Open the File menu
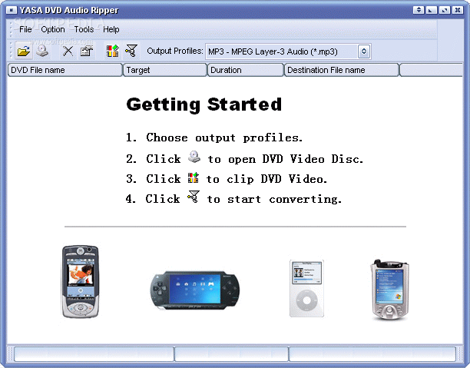(25, 29)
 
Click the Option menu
(53, 29)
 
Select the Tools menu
(84, 29)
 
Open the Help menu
(111, 29)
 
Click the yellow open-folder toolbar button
(24, 51)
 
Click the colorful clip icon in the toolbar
(112, 51)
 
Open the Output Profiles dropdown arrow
(364, 51)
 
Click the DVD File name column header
(65, 70)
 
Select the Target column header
(165, 70)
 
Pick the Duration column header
(246, 70)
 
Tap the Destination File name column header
(342, 70)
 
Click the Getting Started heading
(204, 104)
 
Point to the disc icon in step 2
(194, 157)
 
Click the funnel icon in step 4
(194, 197)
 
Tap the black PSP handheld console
(195, 290)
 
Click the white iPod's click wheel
(306, 300)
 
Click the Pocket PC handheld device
(389, 290)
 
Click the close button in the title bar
(458, 10)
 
